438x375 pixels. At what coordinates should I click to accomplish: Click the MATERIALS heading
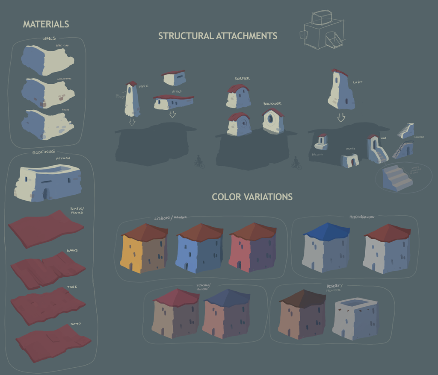pyautogui.click(x=46, y=24)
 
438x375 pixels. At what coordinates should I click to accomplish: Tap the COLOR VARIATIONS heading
pyautogui.click(x=252, y=197)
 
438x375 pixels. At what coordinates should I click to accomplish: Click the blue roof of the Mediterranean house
pyautogui.click(x=326, y=231)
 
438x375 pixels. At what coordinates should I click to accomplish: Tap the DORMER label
pyautogui.click(x=242, y=79)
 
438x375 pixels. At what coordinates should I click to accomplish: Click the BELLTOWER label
pyautogui.click(x=272, y=104)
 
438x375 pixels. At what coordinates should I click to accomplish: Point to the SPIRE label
pyautogui.click(x=144, y=86)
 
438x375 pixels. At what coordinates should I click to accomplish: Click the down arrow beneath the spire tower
pyautogui.click(x=132, y=122)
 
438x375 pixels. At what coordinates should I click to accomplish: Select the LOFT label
pyautogui.click(x=357, y=82)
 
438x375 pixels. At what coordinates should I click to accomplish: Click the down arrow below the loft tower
pyautogui.click(x=341, y=117)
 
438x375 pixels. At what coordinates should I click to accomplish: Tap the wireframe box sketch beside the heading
pyautogui.click(x=324, y=30)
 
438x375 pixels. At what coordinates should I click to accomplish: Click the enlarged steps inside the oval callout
pyautogui.click(x=397, y=178)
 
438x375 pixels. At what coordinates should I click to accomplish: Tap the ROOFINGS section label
pyautogui.click(x=43, y=152)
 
